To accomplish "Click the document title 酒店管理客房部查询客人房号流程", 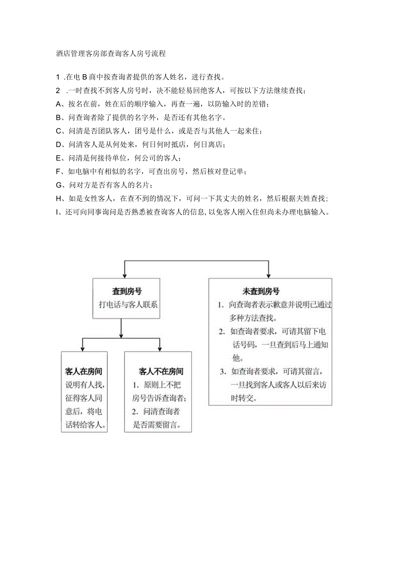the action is [111, 54].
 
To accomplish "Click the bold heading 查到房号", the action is [127, 291].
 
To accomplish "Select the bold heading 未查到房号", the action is [261, 291].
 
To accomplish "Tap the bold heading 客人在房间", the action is [84, 371].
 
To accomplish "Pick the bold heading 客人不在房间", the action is [161, 371].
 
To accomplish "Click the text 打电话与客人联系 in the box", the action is [128, 304].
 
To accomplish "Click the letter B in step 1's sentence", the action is [85, 77].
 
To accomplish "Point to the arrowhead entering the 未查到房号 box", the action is [268, 276].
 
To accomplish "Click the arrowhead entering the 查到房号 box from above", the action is [125, 276].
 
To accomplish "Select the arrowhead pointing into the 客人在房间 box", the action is [82, 348].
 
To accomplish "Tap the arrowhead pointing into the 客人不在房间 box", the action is [160, 348].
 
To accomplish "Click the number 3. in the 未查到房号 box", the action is [223, 371].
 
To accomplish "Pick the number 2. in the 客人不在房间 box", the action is [135, 412].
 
